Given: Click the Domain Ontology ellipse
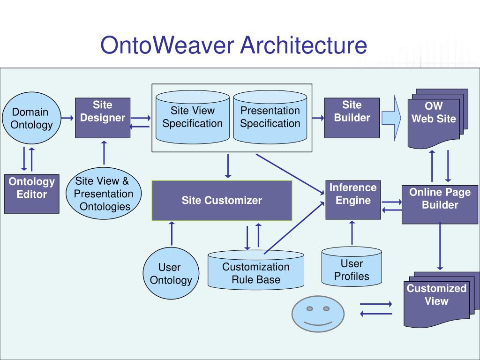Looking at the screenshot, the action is [x=31, y=118].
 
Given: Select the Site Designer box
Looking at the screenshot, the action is [x=103, y=118].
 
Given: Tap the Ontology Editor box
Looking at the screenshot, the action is [x=31, y=194].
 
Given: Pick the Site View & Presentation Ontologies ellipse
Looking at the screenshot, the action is [x=104, y=193].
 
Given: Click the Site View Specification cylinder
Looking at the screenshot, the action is [x=193, y=117].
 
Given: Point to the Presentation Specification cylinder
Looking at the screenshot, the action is [x=270, y=117].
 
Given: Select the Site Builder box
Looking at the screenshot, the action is [x=352, y=118].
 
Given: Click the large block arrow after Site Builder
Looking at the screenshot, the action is [x=391, y=118].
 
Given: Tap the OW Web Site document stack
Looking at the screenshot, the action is [x=438, y=119].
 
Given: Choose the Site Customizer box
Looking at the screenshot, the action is [x=222, y=201].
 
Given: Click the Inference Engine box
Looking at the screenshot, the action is [x=353, y=200].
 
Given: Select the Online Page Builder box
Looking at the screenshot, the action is [x=440, y=204].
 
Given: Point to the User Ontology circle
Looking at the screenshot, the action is [x=171, y=273].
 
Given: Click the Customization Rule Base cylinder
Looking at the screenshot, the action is [x=256, y=270].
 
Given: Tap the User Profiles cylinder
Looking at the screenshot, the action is [x=352, y=267].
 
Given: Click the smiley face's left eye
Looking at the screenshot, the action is [x=309, y=308].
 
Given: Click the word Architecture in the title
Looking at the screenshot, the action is [x=303, y=45].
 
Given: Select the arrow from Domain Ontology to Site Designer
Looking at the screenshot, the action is [x=67, y=118].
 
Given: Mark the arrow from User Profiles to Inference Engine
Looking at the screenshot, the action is [x=352, y=233].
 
